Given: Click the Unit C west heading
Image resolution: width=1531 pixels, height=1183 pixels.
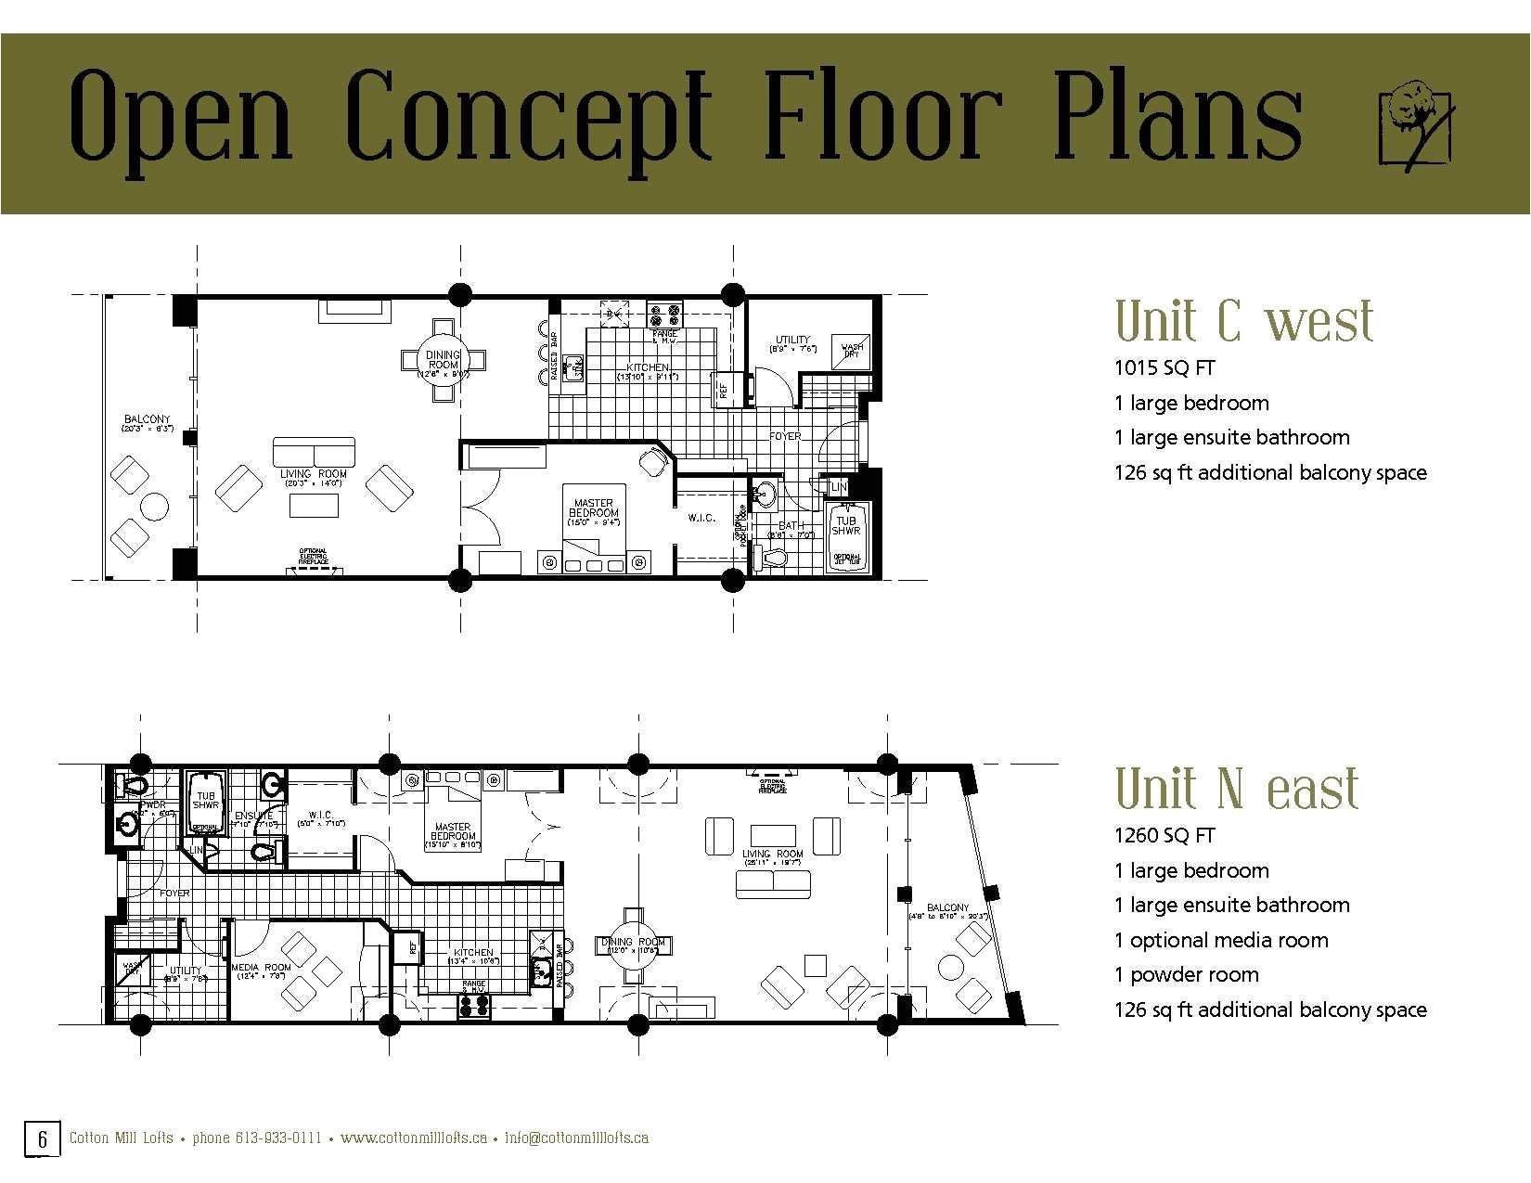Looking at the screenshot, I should click(1243, 321).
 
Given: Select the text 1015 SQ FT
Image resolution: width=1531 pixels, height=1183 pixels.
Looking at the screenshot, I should click(1164, 368).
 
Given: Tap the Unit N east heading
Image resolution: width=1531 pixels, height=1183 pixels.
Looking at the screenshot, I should click(1237, 789).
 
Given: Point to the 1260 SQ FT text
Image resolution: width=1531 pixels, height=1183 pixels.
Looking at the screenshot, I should click(1164, 836).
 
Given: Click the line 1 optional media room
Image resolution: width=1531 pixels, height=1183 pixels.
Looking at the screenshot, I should click(1221, 940).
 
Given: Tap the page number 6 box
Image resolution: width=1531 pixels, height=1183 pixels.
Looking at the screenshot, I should click(43, 1138).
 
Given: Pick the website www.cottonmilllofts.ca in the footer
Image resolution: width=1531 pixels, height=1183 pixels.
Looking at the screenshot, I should click(414, 1138).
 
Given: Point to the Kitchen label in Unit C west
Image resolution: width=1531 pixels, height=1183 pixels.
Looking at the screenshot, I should click(647, 368).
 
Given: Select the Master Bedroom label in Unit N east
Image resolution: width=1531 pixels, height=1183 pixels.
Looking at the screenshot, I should click(452, 832).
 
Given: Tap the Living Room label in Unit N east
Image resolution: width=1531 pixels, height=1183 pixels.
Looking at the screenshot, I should click(772, 855).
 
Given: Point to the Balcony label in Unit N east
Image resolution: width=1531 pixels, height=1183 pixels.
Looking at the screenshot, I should click(947, 908).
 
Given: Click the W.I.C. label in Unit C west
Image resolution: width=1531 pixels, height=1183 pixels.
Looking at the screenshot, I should click(701, 518).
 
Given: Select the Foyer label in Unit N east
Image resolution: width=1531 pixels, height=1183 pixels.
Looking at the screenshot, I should click(174, 894).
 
